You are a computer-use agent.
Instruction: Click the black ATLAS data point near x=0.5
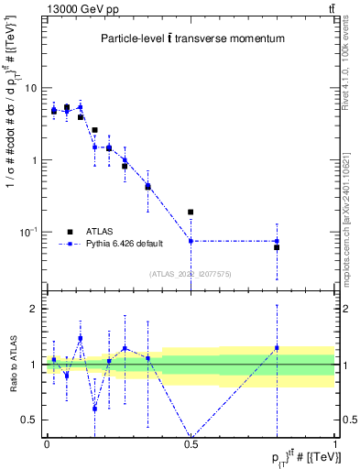[191, 212]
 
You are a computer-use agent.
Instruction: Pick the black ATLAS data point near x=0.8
[277, 247]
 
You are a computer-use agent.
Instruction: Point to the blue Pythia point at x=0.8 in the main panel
[277, 241]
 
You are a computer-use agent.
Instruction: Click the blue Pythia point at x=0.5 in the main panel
[191, 241]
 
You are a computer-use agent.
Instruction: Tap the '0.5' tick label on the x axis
[191, 442]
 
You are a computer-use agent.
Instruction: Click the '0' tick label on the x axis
[47, 442]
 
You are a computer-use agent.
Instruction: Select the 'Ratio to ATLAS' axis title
[12, 363]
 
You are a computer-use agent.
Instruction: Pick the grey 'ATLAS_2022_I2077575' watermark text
[191, 273]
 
